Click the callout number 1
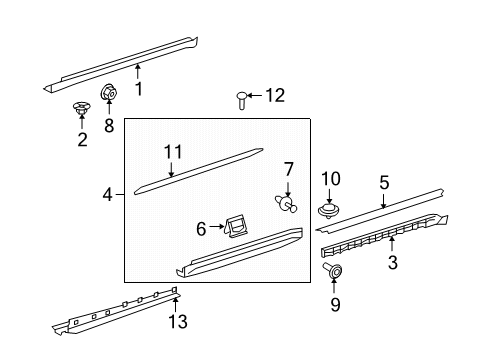click(x=139, y=89)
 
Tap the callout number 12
click(x=275, y=95)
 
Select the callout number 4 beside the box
click(x=108, y=194)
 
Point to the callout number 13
click(x=178, y=322)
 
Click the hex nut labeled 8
click(x=109, y=93)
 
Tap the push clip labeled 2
click(x=82, y=108)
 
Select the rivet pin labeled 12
click(x=242, y=101)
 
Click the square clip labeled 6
click(x=236, y=227)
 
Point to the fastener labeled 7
click(x=286, y=204)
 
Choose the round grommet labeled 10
click(x=329, y=210)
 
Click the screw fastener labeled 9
click(x=333, y=271)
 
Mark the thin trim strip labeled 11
click(x=199, y=171)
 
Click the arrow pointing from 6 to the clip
click(x=216, y=227)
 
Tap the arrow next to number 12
click(x=255, y=96)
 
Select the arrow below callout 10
click(x=329, y=196)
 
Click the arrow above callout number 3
click(x=392, y=243)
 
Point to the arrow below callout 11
click(x=171, y=169)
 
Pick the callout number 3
click(x=393, y=262)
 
